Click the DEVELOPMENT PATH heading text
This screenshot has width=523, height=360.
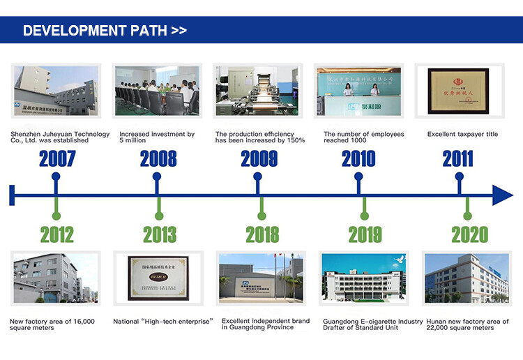pyautogui.click(x=105, y=31)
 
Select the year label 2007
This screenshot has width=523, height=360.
pyautogui.click(x=57, y=158)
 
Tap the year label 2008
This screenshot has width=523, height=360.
pyautogui.click(x=158, y=158)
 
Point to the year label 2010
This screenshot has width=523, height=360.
pyautogui.click(x=358, y=158)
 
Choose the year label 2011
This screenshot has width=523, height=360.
pyautogui.click(x=458, y=158)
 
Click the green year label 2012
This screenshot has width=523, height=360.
pyautogui.click(x=56, y=234)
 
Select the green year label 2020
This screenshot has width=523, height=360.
pyautogui.click(x=469, y=234)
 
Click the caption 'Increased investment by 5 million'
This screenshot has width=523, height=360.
pyautogui.click(x=157, y=137)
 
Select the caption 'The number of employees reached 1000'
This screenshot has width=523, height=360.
pyautogui.click(x=363, y=137)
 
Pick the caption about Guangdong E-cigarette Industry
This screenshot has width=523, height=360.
pyautogui.click(x=373, y=324)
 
